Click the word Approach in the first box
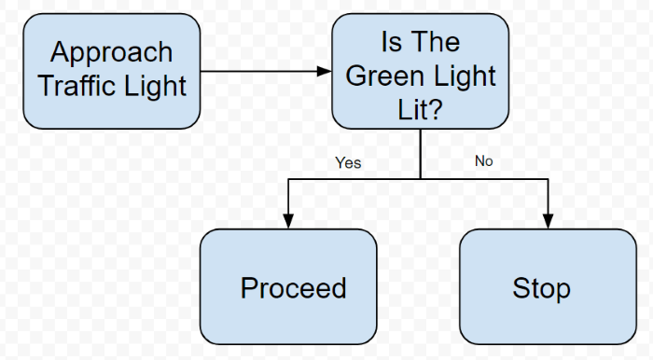[111, 51]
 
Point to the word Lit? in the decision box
[420, 110]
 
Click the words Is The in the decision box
[420, 42]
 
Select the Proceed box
[288, 286]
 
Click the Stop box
[548, 286]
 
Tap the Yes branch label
[348, 163]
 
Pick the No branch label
[483, 161]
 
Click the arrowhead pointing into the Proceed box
[288, 220]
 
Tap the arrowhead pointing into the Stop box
[548, 220]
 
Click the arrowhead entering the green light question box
[324, 71]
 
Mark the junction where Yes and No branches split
[420, 177]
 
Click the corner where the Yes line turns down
[288, 177]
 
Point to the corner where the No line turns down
[548, 177]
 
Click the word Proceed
[293, 288]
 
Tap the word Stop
[541, 288]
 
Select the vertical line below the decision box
[420, 154]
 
